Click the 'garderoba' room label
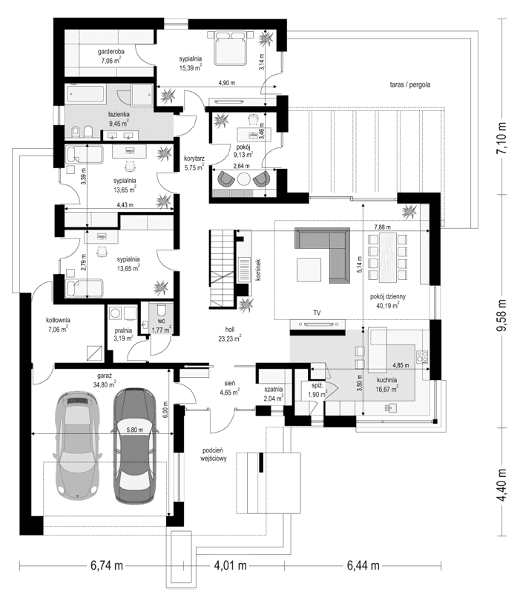tap(110, 51)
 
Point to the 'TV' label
tap(317, 314)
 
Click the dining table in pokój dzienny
tap(389, 255)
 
